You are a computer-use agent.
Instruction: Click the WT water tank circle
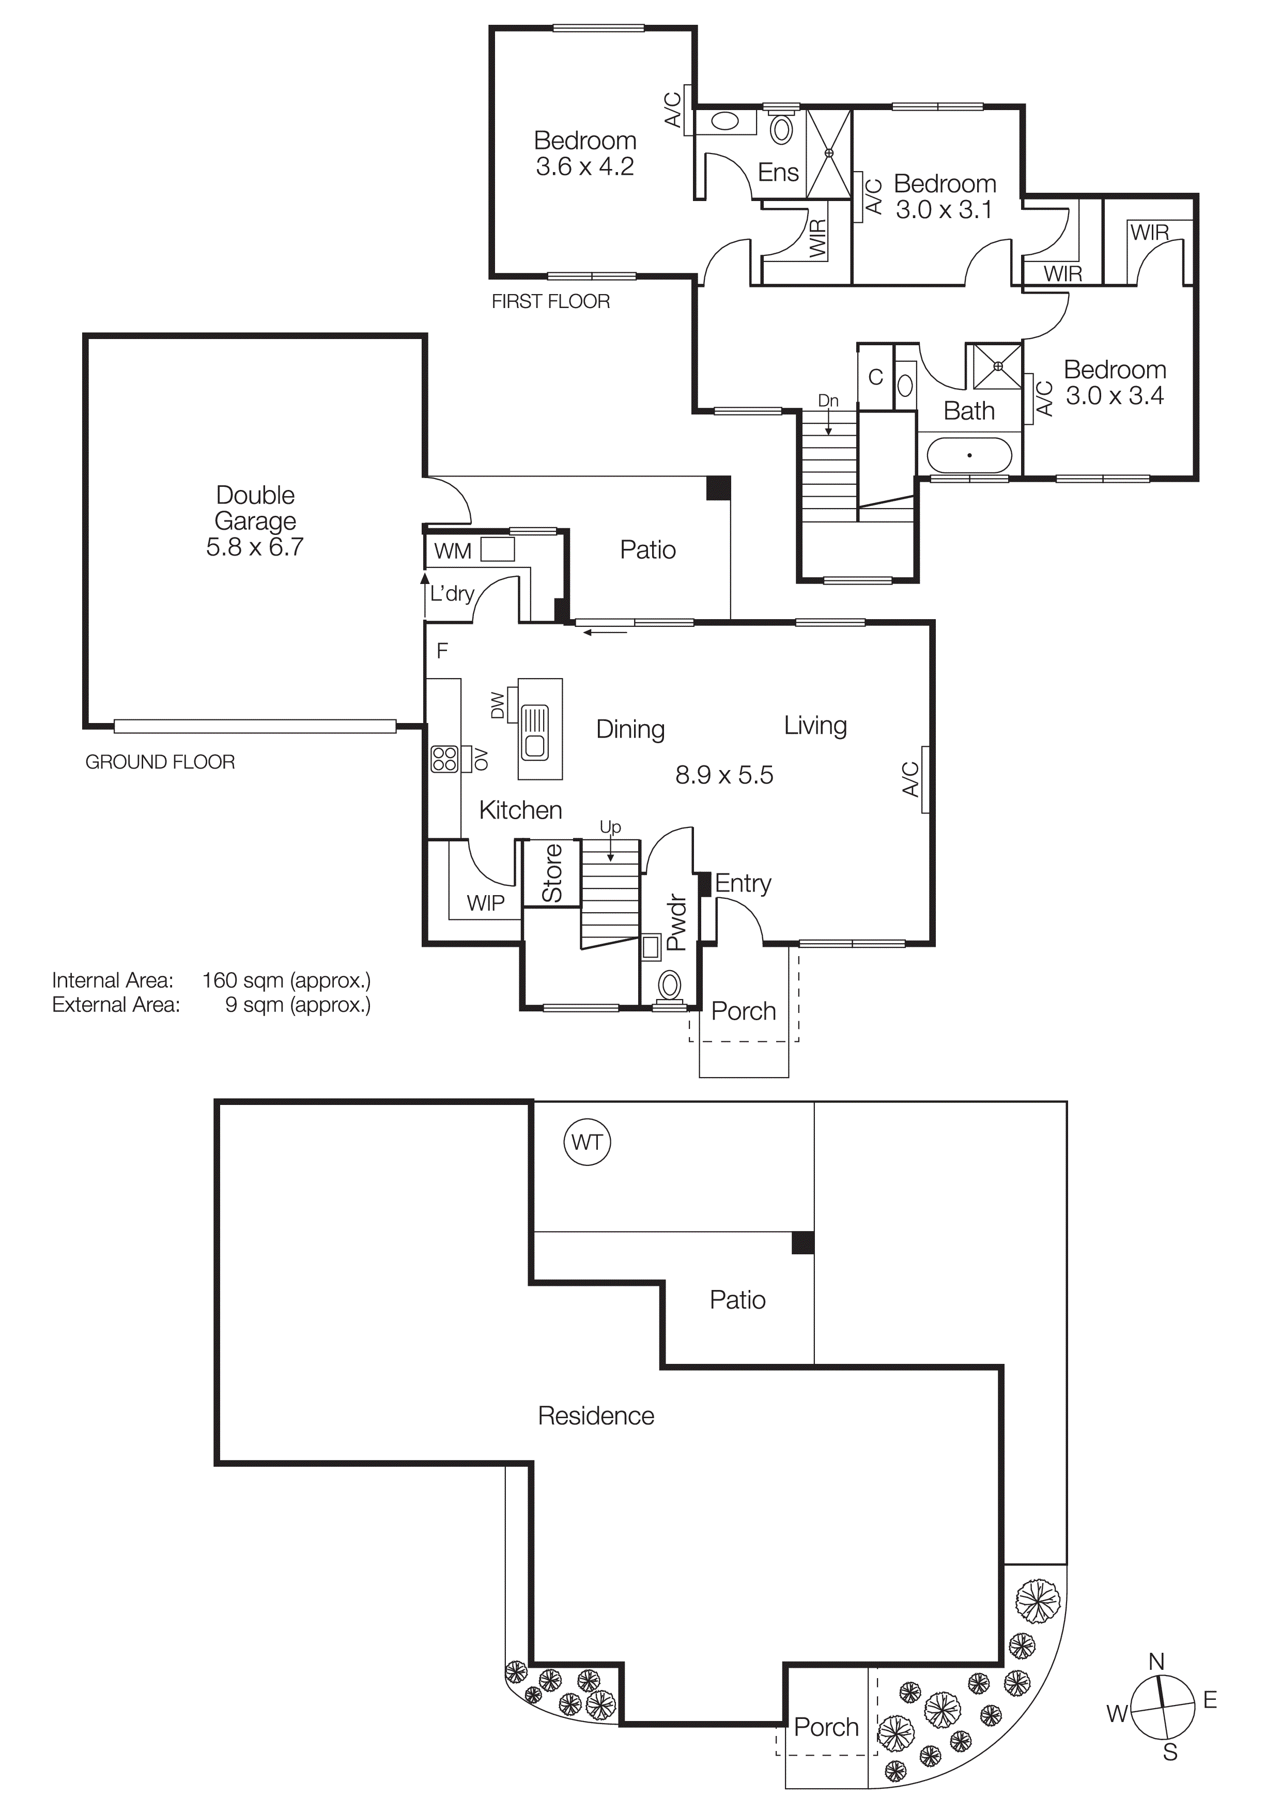[587, 1142]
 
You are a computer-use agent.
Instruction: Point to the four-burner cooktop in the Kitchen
[444, 759]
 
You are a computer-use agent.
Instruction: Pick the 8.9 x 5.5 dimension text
[724, 775]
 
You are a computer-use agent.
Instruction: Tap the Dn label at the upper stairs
[828, 401]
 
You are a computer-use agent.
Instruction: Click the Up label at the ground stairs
[610, 827]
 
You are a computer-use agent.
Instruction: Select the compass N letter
[1156, 1662]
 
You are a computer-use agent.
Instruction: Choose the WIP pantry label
[485, 902]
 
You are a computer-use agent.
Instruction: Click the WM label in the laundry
[452, 551]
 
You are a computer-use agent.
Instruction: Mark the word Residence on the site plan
[596, 1416]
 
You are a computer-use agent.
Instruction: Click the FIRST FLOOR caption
[550, 302]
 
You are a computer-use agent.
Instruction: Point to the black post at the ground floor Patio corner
[717, 487]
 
